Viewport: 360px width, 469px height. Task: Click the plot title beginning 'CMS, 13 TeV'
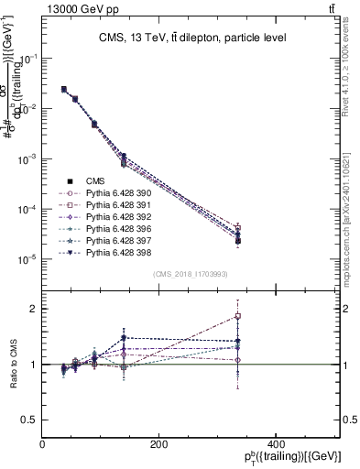pyautogui.click(x=192, y=38)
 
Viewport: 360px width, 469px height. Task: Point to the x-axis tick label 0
pyautogui.click(x=42, y=444)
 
